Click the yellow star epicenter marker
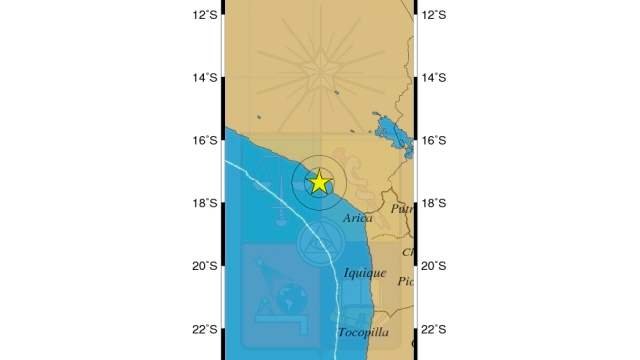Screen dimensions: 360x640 click(319, 181)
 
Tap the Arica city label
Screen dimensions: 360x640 click(358, 218)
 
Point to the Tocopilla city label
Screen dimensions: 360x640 click(362, 333)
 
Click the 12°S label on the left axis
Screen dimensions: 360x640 click(205, 14)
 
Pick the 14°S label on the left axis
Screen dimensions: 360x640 click(205, 77)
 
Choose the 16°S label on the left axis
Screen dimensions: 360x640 click(205, 140)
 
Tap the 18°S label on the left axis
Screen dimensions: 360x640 click(205, 203)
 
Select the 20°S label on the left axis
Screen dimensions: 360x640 click(205, 265)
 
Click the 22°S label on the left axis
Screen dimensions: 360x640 click(205, 328)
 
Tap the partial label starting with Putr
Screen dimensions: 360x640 click(401, 209)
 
